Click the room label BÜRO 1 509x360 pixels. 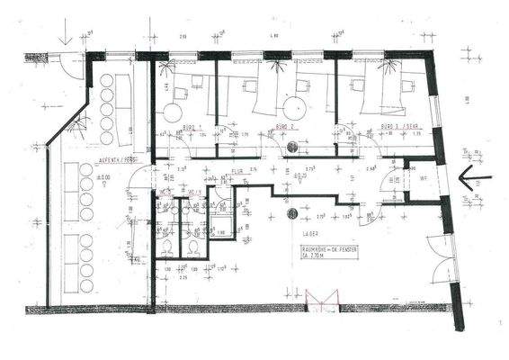[192, 127]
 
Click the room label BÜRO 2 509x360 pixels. [286, 127]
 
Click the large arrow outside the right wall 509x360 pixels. [471, 179]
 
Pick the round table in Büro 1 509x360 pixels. [172, 112]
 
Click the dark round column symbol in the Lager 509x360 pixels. [292, 213]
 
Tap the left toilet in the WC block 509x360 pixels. [168, 247]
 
